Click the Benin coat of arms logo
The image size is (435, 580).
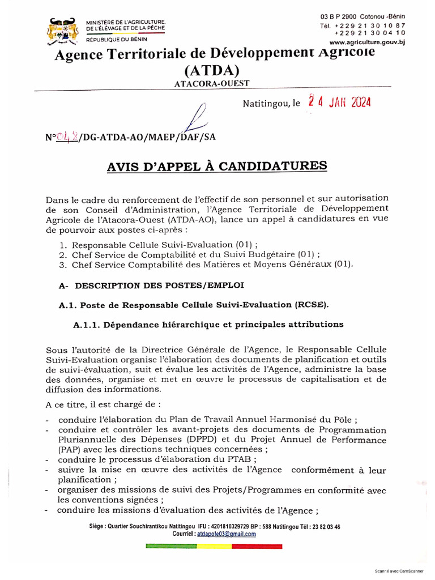point(62,31)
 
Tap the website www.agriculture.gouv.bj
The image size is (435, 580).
point(367,42)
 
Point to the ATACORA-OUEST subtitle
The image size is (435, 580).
point(212,84)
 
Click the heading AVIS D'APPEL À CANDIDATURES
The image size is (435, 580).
point(217,166)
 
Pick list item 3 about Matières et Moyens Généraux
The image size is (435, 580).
point(211,264)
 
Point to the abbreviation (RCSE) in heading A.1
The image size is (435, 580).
point(310,305)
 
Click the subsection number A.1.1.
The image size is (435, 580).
point(88,325)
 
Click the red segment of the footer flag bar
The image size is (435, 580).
point(258,546)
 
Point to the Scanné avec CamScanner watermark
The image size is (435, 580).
point(402,571)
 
